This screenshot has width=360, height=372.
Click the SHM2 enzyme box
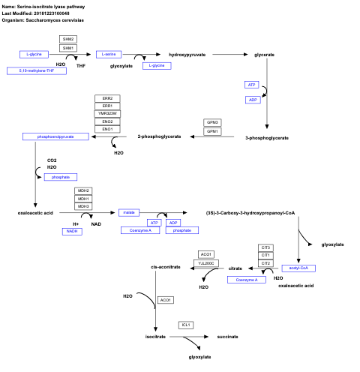coord(69,39)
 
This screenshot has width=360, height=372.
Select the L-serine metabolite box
coord(109,55)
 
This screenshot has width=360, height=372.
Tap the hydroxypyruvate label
coord(187,55)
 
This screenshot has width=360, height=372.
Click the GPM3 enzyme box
coord(212,122)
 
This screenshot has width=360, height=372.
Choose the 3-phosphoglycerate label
coord(267,137)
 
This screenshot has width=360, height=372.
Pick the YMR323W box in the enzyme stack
coord(108,113)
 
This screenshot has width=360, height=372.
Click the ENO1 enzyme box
coord(108,129)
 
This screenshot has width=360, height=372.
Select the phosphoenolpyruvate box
coord(56,136)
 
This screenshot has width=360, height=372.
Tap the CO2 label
coord(52,160)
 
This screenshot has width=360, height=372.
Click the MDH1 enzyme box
coord(83,199)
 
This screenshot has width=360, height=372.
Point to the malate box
coord(129,213)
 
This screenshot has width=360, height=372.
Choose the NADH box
coord(72,232)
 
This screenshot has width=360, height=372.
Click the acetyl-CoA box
coord(298,268)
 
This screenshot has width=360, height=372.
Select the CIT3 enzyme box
coord(265,247)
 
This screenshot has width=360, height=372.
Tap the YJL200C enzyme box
coord(206,263)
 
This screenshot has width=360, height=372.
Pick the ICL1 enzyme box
coord(186,325)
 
